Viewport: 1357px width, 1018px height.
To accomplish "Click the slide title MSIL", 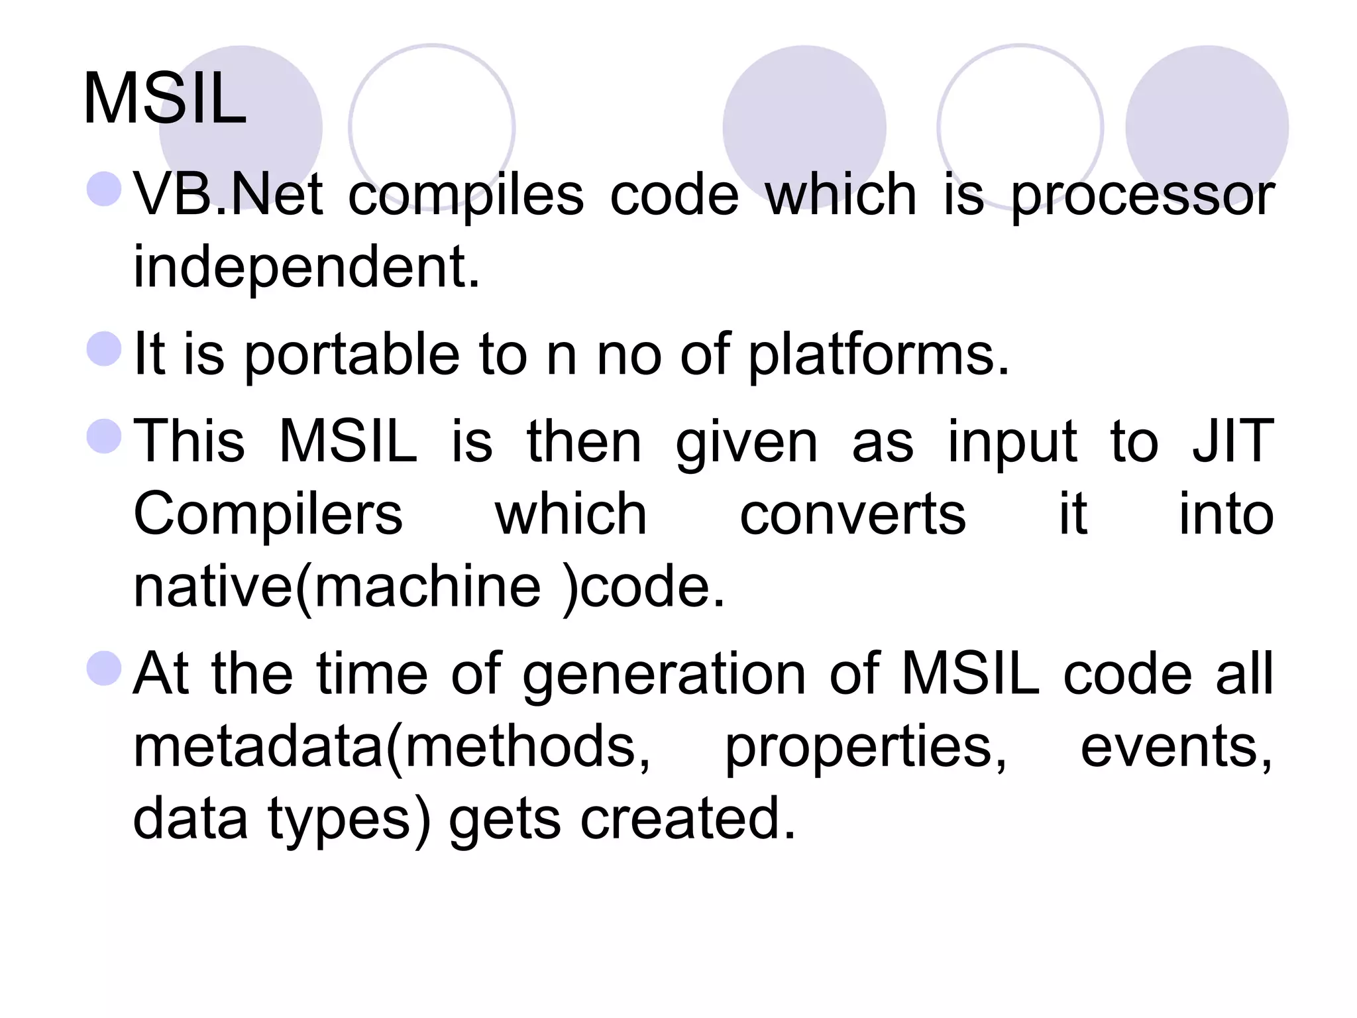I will [x=165, y=99].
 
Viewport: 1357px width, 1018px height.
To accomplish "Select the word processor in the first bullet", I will [x=1142, y=197].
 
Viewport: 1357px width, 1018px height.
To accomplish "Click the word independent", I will [x=306, y=267].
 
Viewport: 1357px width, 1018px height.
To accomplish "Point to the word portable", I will [x=352, y=356].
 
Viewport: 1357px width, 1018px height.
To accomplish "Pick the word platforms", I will [x=879, y=356].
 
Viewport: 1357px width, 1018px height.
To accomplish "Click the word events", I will [x=1176, y=747].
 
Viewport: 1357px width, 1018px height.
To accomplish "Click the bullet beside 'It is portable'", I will [x=105, y=349].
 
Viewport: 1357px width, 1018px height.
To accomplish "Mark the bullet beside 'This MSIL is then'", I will [x=105, y=436].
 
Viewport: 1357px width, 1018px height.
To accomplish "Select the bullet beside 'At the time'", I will [x=105, y=668].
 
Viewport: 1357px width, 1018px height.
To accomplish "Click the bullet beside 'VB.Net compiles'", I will [x=105, y=188].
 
